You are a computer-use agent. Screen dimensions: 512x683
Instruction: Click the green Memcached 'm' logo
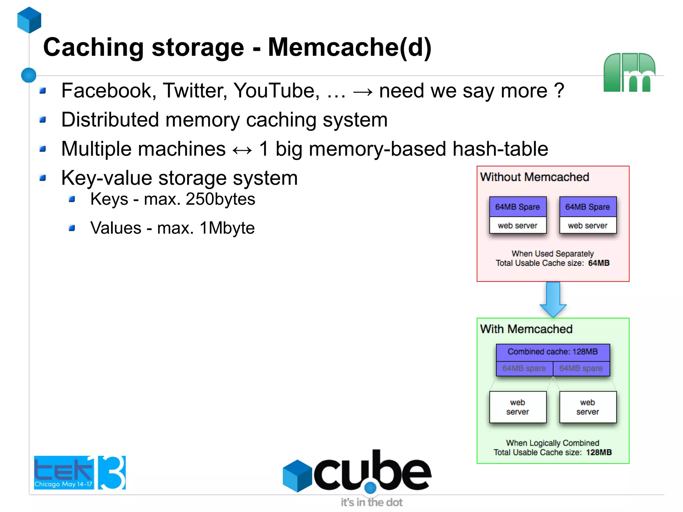[x=629, y=72]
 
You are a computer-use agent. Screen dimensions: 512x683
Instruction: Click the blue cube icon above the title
[x=29, y=20]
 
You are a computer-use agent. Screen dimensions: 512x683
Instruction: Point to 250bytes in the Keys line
[x=220, y=199]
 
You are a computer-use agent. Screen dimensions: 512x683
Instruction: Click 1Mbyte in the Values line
[x=227, y=228]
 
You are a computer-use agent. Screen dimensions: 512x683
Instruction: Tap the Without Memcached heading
[x=534, y=177]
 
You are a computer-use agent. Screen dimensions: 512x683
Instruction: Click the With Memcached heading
[x=526, y=329]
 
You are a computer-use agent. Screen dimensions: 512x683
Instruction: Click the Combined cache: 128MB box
[x=553, y=352]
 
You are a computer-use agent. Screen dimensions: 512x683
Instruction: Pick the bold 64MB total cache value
[x=599, y=263]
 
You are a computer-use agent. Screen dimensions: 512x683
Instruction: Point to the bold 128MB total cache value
[x=599, y=453]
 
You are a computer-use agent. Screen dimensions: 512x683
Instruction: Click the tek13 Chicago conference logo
[x=80, y=473]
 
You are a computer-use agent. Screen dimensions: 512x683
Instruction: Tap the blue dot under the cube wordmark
[x=370, y=488]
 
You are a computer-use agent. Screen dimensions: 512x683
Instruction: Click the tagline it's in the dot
[x=371, y=502]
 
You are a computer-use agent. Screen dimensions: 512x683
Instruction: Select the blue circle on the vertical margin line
[x=29, y=75]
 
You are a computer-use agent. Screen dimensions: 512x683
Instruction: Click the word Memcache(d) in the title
[x=350, y=47]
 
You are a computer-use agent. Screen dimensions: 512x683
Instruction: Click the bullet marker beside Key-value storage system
[x=42, y=178]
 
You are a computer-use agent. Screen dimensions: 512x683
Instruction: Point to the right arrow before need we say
[x=363, y=92]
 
